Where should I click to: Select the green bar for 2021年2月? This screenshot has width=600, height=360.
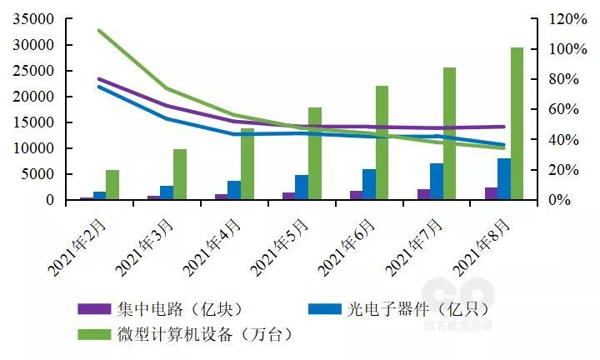[x=112, y=185]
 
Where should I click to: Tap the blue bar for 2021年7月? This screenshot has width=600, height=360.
[x=436, y=182]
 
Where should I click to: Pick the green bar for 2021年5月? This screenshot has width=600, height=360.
[x=315, y=153]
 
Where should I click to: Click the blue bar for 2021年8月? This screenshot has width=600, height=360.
[x=503, y=179]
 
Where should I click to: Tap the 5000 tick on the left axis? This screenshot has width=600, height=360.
[x=38, y=174]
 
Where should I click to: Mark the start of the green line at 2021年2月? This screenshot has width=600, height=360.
[x=99, y=31]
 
